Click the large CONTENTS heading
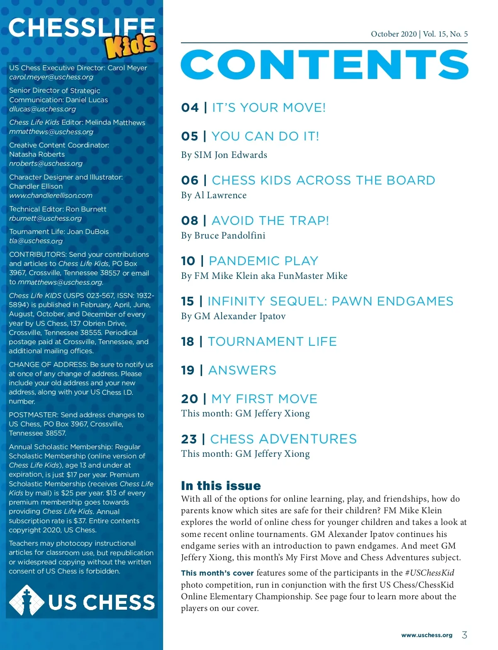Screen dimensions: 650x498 [325, 65]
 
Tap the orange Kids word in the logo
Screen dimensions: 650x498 [131, 46]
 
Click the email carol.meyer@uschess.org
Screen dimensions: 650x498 [51, 77]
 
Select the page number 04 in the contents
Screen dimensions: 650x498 [190, 108]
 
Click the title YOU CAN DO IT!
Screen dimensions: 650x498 [265, 136]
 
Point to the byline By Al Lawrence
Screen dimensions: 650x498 [214, 195]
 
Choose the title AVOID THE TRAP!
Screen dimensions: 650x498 [270, 221]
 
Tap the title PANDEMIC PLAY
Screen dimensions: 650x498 [264, 261]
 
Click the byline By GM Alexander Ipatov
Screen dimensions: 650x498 [233, 316]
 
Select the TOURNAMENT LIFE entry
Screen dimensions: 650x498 [272, 342]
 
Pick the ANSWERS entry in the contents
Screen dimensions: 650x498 [242, 370]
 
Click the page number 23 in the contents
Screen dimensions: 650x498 [189, 439]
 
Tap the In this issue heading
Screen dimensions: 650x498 [221, 486]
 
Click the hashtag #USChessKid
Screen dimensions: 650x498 [430, 573]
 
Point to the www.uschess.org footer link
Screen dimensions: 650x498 [427, 635]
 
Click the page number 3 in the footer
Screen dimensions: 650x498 [464, 635]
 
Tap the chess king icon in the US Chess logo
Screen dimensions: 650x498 [27, 601]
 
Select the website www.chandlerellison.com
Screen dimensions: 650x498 [51, 195]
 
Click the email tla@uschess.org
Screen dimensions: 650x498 [36, 241]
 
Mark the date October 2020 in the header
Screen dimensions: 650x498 [393, 34]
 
